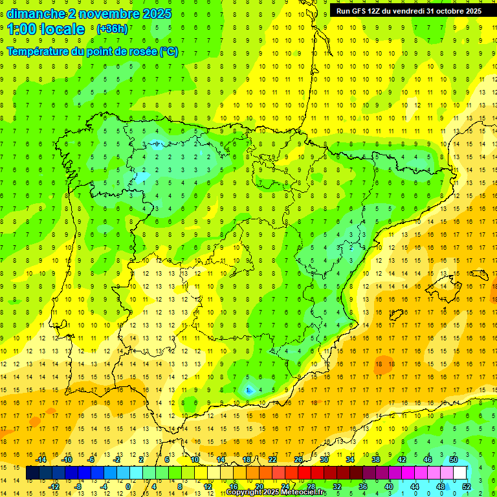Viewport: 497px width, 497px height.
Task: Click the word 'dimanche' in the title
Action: (36, 14)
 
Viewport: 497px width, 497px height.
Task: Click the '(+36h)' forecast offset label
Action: (112, 29)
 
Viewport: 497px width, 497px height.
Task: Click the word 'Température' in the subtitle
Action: (38, 52)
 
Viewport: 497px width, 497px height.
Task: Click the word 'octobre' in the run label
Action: (447, 11)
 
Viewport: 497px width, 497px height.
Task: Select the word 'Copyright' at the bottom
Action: (247, 492)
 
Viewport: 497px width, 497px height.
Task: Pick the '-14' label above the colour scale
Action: (41, 459)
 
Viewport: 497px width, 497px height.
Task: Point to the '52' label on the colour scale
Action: (466, 486)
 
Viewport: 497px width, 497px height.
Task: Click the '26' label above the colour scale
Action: (298, 459)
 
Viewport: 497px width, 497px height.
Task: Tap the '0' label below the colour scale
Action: (127, 486)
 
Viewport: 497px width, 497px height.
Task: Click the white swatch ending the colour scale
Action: (459, 473)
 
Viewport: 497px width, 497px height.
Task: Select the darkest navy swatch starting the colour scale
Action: (32, 473)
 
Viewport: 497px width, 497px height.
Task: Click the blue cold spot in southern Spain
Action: (249, 390)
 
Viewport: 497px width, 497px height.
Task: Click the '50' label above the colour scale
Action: (454, 459)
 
